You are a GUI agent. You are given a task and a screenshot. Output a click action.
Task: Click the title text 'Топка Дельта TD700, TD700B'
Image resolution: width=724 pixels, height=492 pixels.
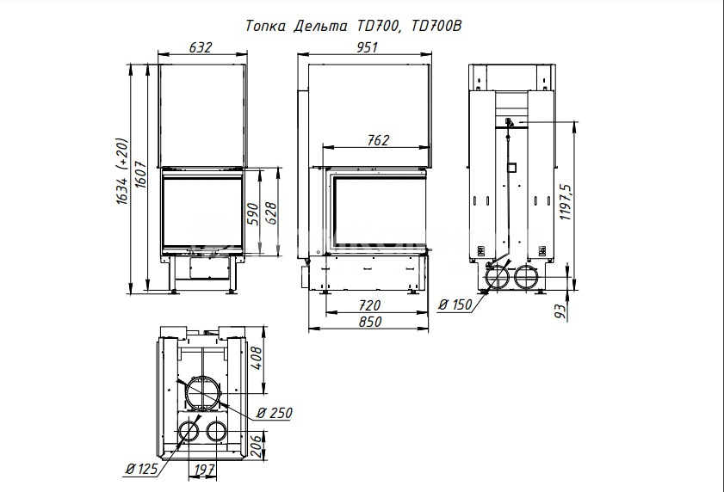pos(353,26)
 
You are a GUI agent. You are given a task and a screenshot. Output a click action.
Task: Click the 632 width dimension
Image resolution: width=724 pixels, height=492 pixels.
pos(201,47)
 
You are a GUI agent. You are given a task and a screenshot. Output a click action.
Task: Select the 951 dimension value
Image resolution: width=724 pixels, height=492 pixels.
pos(367,47)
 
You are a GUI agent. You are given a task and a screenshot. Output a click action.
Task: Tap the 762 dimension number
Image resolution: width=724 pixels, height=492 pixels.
pos(378,140)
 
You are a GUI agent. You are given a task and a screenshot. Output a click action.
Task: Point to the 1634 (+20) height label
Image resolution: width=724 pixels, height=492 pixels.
pos(121,171)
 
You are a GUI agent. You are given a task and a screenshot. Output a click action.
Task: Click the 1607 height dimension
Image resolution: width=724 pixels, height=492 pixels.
pos(141,174)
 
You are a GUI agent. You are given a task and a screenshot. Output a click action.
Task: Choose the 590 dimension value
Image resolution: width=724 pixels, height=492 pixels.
pos(252,213)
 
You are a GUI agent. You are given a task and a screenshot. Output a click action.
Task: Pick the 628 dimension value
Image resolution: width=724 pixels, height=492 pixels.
pos(271,213)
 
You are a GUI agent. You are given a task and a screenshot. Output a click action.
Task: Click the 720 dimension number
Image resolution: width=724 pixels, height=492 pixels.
pos(370,305)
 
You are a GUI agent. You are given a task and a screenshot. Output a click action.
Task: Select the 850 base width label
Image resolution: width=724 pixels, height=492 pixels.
pos(370,321)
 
